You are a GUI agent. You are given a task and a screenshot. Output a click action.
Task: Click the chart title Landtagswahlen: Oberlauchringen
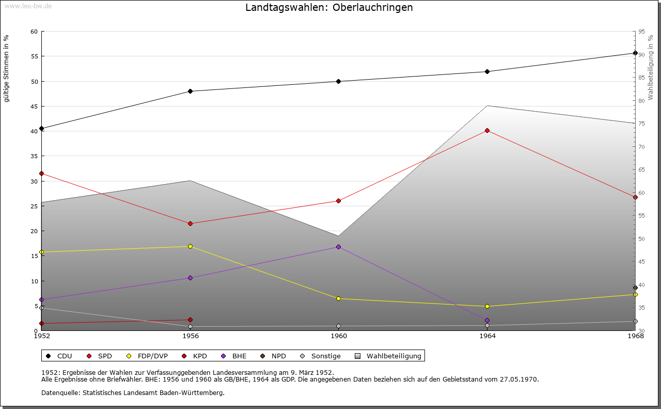pyautogui.click(x=329, y=8)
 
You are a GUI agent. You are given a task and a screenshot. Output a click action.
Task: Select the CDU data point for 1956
pyautogui.click(x=190, y=92)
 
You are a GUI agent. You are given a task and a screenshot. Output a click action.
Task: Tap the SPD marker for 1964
pyautogui.click(x=487, y=131)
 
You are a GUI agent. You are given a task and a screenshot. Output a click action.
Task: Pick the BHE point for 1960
pyautogui.click(x=338, y=247)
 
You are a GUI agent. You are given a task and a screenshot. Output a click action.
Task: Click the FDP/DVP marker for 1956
pyautogui.click(x=190, y=247)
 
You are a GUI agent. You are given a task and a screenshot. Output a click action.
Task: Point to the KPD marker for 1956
pyautogui.click(x=190, y=320)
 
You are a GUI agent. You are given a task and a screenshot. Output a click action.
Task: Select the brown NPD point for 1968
pyautogui.click(x=635, y=288)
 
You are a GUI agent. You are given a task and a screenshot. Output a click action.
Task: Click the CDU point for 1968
pyautogui.click(x=635, y=53)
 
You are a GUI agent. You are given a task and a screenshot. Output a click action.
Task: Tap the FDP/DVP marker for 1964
pyautogui.click(x=487, y=307)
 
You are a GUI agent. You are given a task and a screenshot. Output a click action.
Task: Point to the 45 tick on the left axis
pyautogui.click(x=34, y=107)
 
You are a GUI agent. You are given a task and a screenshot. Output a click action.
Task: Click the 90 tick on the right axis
pyautogui.click(x=641, y=55)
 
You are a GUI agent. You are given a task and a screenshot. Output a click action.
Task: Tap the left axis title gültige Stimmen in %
pyautogui.click(x=7, y=68)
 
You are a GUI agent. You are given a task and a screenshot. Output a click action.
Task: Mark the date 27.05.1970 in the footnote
pyautogui.click(x=519, y=380)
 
